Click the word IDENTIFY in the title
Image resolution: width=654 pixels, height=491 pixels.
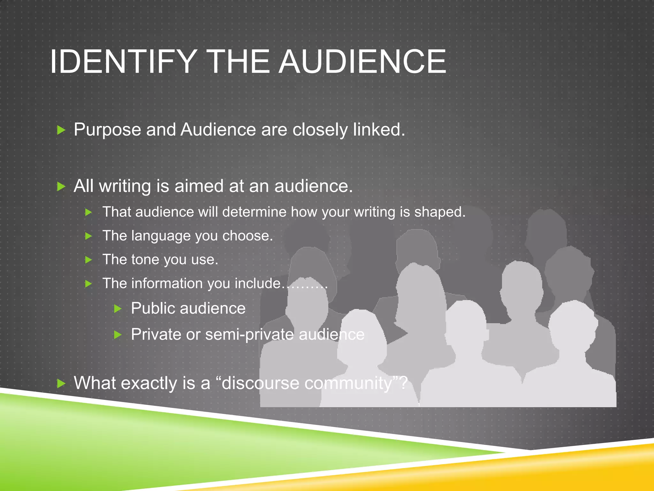[x=123, y=61]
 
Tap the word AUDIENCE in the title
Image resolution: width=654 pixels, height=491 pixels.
[x=362, y=61]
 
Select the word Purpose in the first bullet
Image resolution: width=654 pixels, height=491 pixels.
[x=107, y=130]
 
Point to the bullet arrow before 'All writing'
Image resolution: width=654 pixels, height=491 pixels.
[x=61, y=186]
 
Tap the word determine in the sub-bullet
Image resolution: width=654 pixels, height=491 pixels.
[x=254, y=212]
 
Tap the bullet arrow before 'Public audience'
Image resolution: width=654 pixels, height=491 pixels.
[x=118, y=309]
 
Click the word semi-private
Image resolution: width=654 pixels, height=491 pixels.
[x=249, y=335]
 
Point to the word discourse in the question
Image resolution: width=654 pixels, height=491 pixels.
[x=260, y=383]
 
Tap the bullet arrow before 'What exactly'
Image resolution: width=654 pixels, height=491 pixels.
[x=61, y=384]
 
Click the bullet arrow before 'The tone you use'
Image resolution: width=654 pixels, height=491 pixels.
[x=89, y=260]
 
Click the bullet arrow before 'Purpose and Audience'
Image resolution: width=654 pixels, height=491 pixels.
[x=61, y=130]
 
